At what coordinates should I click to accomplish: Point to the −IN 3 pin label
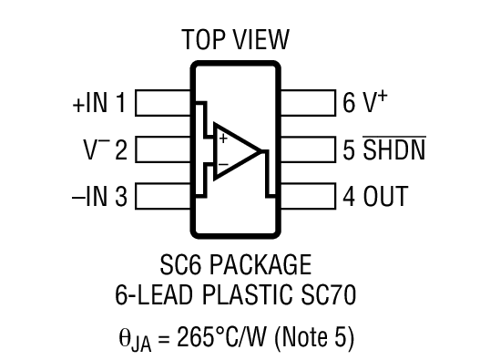(x=99, y=196)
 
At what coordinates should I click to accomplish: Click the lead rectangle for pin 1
(x=162, y=104)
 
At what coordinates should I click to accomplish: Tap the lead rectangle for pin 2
(x=162, y=149)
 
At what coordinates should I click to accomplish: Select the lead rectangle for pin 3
(x=162, y=196)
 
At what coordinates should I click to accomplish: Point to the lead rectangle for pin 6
(x=308, y=104)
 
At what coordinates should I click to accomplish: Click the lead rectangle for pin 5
(x=308, y=149)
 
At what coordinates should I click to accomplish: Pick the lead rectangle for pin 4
(x=308, y=196)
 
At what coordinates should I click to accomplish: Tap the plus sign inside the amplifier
(x=222, y=139)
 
